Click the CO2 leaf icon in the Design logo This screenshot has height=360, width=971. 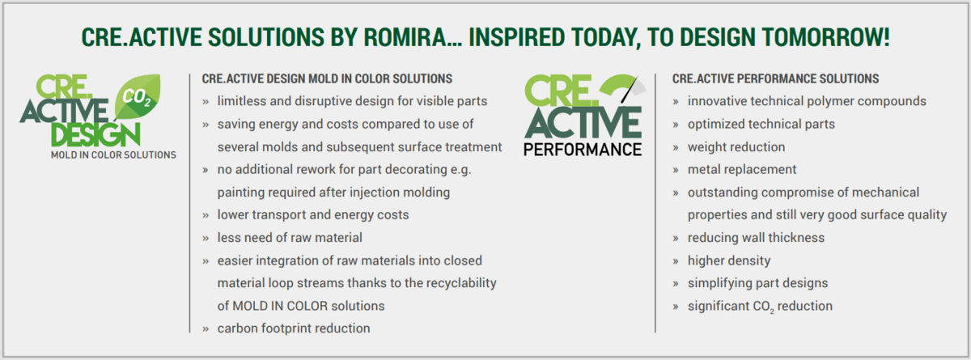pyautogui.click(x=138, y=97)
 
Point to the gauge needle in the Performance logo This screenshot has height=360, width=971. pyautogui.click(x=630, y=90)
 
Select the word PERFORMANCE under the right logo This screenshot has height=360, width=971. pyautogui.click(x=583, y=150)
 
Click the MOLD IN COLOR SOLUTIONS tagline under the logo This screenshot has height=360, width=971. pyautogui.click(x=113, y=155)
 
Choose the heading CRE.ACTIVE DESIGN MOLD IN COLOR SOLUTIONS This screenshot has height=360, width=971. pyautogui.click(x=327, y=78)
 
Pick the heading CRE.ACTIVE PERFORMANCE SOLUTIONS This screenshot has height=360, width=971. pyautogui.click(x=775, y=78)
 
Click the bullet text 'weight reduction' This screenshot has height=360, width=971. pyautogui.click(x=736, y=147)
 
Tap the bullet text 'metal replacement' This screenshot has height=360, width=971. pyautogui.click(x=742, y=169)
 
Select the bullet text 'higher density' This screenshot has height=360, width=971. pyautogui.click(x=729, y=260)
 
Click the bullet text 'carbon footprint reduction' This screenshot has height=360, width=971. pyautogui.click(x=294, y=328)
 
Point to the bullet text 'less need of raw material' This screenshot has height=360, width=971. pyautogui.click(x=290, y=237)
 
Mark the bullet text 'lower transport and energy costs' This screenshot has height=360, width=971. pyautogui.click(x=313, y=215)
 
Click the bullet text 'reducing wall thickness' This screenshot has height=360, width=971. pyautogui.click(x=756, y=238)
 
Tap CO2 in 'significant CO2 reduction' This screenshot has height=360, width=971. pyautogui.click(x=763, y=307)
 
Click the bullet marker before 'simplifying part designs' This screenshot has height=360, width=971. pyautogui.click(x=676, y=284)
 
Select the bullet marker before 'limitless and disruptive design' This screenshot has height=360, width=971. pyautogui.click(x=206, y=102)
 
